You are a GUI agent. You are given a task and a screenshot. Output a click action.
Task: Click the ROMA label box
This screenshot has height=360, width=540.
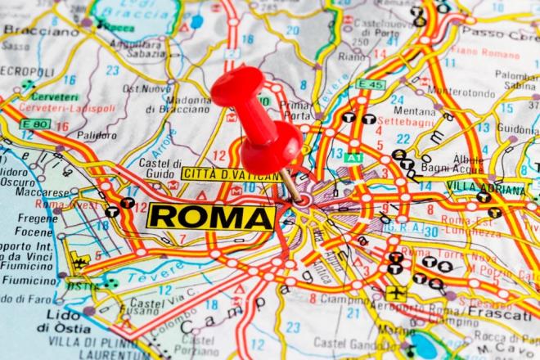coord(211,217)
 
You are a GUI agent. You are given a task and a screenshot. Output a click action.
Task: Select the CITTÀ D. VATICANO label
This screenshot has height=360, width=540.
coord(231,174)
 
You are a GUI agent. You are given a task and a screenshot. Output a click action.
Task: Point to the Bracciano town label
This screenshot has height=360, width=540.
coord(31,30)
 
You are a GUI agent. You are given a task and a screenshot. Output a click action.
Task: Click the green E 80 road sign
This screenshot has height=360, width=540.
coord(35,124)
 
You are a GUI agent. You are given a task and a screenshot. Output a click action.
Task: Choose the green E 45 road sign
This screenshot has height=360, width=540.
coord(371,84)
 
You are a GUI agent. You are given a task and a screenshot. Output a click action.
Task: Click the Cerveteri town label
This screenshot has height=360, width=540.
coord(56,97)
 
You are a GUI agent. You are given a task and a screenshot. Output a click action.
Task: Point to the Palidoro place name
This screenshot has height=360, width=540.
coord(97,136)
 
